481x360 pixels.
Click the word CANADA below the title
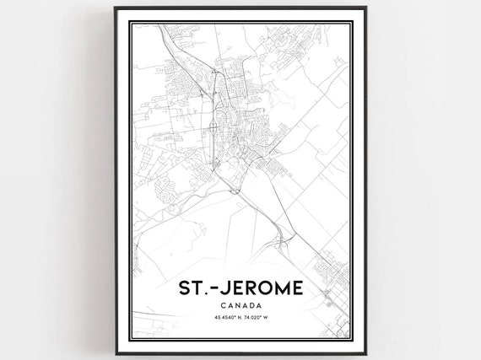coord(240,304)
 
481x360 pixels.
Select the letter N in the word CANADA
coord(238,304)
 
